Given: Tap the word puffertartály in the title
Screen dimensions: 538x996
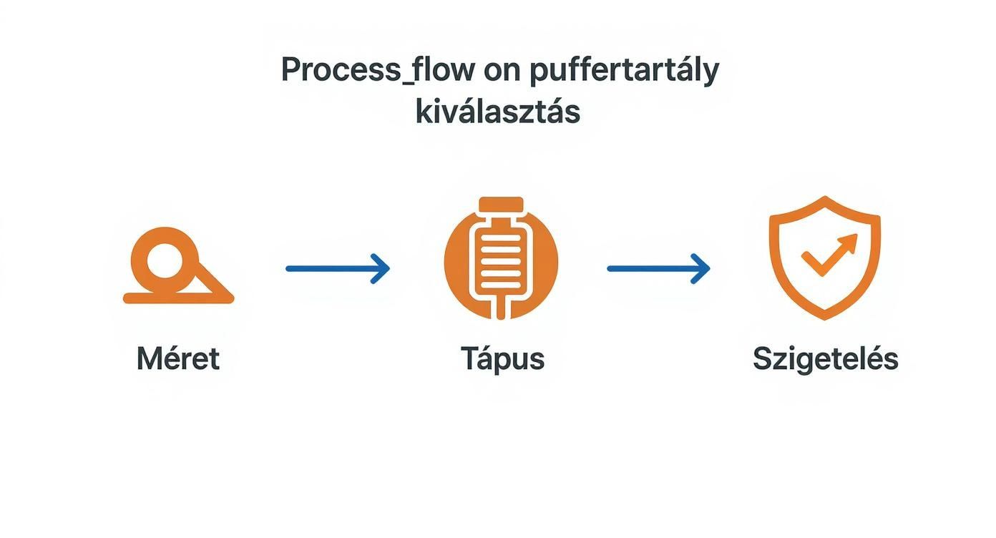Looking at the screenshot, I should click(x=625, y=72).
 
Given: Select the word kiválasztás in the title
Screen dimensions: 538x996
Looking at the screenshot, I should click(x=497, y=112).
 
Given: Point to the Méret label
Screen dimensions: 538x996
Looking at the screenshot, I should click(x=177, y=358).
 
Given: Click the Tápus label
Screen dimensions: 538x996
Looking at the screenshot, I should click(x=502, y=358).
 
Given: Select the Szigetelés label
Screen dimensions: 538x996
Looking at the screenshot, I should click(x=825, y=358).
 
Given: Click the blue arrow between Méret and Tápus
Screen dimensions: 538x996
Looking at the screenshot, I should click(x=337, y=269).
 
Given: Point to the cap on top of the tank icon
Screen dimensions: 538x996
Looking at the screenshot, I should click(x=501, y=204).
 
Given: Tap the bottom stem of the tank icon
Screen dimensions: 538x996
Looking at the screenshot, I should click(x=501, y=309).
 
